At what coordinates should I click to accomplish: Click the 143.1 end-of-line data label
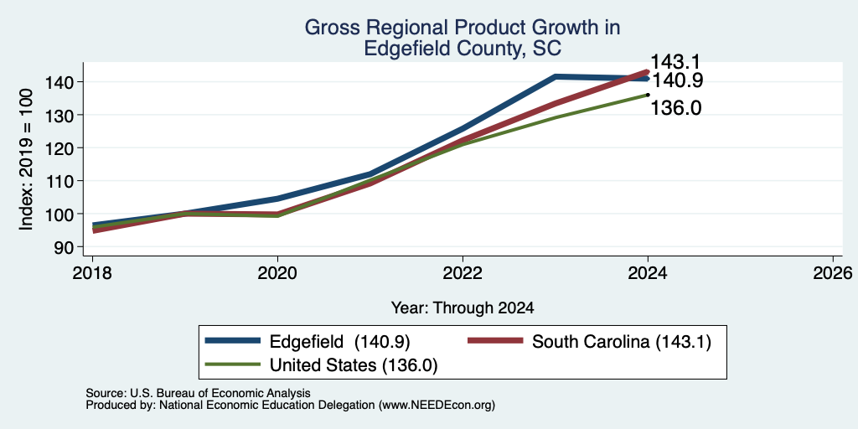(675, 62)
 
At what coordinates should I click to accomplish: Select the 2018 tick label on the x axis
(92, 273)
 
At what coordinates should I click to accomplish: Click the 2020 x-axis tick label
(277, 273)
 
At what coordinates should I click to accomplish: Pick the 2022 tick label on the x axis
(463, 273)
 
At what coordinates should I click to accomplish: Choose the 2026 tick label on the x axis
(833, 273)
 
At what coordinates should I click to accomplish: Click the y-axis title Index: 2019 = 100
(26, 159)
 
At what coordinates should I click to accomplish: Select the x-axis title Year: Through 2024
(463, 308)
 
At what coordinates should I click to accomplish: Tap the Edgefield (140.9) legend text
(340, 342)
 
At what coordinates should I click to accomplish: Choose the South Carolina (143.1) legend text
(621, 342)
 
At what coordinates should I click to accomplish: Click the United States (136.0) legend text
(354, 365)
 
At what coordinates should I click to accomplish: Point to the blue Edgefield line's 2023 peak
(556, 76)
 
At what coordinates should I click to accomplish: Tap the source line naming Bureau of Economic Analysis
(198, 393)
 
